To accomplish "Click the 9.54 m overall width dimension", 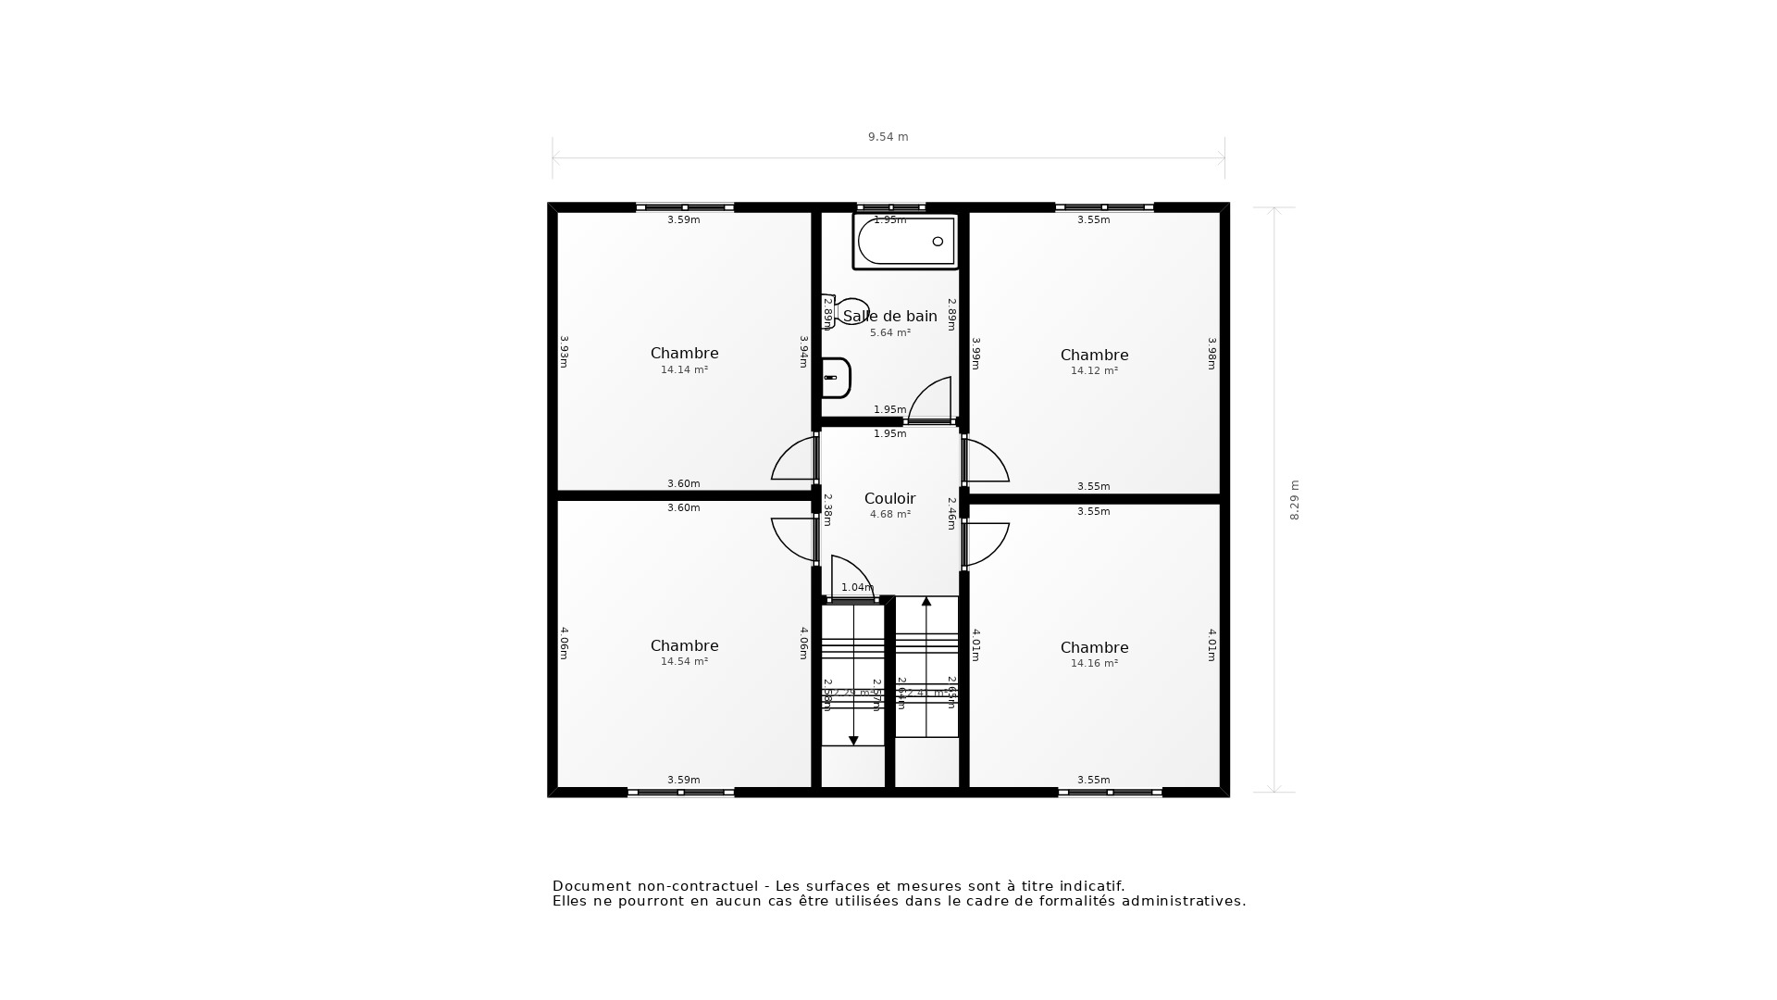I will coord(888,137).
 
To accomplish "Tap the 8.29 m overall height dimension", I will coord(1295,500).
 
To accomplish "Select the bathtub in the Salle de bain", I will coord(905,242).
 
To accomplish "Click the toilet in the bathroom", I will coord(847,310).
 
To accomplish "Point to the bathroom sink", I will coord(836,378).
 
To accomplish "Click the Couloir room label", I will coord(889,499).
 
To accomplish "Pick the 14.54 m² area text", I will coord(684,662).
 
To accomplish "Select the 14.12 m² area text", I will coord(1094,371).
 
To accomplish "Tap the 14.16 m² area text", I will coord(1094,664).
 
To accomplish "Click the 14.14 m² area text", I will coord(684,370).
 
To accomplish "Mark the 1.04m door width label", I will coord(857,588).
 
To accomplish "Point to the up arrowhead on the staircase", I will coord(926,602).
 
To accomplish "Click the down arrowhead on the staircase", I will coord(853,740).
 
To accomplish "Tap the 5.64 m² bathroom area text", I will coord(889,333).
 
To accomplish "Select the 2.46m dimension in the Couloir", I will coord(951,514).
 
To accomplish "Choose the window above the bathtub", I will coord(890,207).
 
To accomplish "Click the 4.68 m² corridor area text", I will coord(889,515).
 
